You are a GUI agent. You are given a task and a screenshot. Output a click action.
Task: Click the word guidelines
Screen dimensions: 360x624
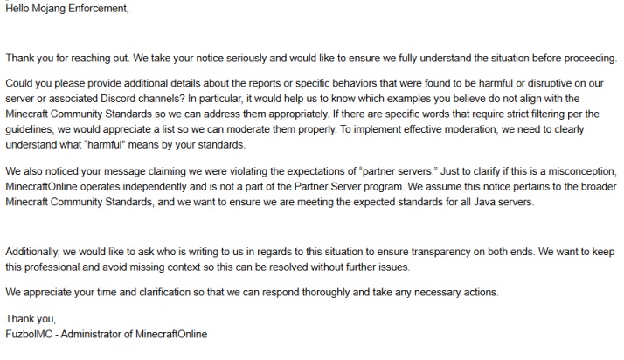(32, 129)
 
